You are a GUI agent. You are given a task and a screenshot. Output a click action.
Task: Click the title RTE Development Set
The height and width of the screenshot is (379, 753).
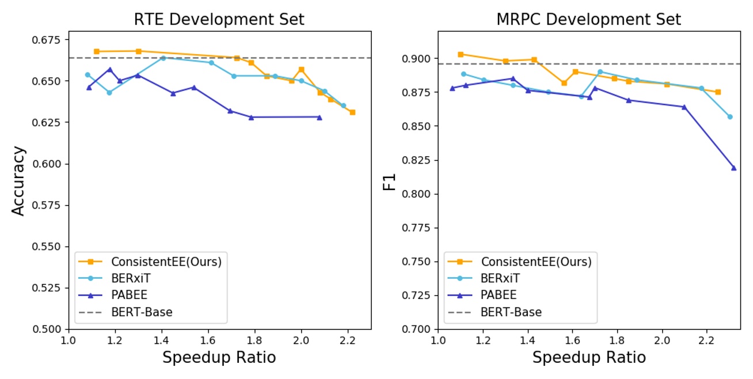(x=219, y=19)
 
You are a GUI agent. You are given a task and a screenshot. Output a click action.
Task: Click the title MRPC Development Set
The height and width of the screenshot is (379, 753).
(x=588, y=19)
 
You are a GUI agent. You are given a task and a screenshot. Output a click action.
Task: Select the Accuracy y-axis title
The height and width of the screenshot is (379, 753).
(x=18, y=181)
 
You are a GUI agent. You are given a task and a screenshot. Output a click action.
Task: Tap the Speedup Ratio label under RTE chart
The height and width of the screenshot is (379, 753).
(x=219, y=358)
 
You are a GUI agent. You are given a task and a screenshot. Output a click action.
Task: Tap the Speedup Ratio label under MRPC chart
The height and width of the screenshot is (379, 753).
(x=588, y=358)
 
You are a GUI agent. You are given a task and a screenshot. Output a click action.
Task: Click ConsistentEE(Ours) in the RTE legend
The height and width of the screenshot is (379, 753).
(x=166, y=261)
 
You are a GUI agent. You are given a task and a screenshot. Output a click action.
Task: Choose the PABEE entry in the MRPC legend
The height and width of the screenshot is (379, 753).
(x=499, y=295)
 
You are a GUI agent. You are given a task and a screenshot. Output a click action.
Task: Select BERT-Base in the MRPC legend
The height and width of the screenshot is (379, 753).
(x=511, y=312)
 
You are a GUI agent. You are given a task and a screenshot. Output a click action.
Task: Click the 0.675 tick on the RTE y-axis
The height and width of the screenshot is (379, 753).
(x=50, y=40)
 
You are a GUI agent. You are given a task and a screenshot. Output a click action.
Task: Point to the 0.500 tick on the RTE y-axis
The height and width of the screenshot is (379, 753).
(x=50, y=329)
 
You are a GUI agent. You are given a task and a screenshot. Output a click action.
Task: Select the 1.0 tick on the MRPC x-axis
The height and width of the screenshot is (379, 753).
(x=438, y=339)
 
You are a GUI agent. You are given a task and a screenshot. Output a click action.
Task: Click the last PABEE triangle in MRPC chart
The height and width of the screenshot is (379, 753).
(x=734, y=168)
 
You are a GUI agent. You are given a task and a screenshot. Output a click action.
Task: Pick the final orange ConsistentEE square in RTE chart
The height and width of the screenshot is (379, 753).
(x=352, y=112)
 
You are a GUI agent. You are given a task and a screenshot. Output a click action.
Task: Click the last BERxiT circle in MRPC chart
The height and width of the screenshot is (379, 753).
(x=730, y=116)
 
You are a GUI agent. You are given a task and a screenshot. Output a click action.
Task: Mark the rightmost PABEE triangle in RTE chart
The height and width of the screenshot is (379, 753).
(x=320, y=117)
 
